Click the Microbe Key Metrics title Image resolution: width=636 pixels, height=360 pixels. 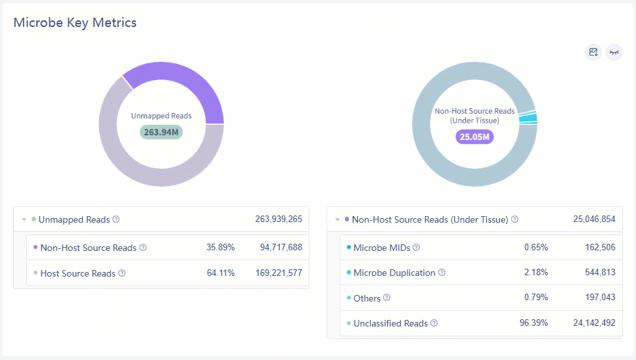tap(75, 22)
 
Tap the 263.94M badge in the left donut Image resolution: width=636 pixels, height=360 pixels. tap(161, 131)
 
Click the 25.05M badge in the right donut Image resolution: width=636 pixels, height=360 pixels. tap(474, 137)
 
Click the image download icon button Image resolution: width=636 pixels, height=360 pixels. tap(593, 53)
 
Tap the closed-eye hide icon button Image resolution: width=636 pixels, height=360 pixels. tap(614, 53)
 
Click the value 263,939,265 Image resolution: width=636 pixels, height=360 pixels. tap(279, 219)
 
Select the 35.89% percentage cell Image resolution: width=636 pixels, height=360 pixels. tap(221, 248)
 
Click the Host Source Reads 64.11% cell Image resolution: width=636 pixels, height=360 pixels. tap(221, 273)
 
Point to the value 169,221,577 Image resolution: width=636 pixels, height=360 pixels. tap(279, 273)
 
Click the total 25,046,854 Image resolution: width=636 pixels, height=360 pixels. tap(594, 219)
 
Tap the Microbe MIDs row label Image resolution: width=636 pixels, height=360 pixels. tap(382, 248)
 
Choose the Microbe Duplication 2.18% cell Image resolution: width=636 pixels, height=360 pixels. tap(536, 273)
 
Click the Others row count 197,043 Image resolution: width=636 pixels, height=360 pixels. tap(599, 298)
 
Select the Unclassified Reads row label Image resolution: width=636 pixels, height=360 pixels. tap(390, 323)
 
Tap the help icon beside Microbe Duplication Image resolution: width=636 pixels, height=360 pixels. tap(442, 273)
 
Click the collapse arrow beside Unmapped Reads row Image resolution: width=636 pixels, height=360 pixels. tap(24, 219)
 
